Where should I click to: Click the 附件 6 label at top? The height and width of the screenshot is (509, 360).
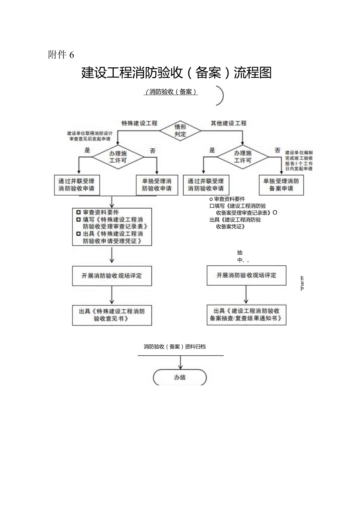pyautogui.click(x=61, y=55)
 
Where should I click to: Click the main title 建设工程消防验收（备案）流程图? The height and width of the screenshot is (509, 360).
pyautogui.click(x=176, y=73)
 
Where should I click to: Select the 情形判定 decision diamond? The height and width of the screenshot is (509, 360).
pyautogui.click(x=180, y=130)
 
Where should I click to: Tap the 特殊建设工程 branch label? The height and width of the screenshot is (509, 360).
pyautogui.click(x=139, y=123)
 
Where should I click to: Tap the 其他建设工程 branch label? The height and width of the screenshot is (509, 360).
pyautogui.click(x=229, y=123)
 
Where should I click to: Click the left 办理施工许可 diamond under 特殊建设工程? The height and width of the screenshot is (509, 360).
pyautogui.click(x=118, y=157)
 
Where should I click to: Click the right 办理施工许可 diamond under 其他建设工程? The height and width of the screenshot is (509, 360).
pyautogui.click(x=243, y=157)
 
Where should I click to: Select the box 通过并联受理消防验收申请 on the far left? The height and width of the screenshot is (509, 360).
pyautogui.click(x=76, y=185)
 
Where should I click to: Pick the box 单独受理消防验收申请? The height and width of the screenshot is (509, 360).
pyautogui.click(x=157, y=185)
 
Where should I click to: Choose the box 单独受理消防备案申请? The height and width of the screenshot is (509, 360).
pyautogui.click(x=281, y=185)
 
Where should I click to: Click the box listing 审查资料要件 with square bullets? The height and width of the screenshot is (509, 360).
pyautogui.click(x=112, y=227)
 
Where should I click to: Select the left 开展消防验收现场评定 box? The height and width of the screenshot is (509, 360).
pyautogui.click(x=112, y=276)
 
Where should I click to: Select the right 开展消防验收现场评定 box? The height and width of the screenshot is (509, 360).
pyautogui.click(x=247, y=275)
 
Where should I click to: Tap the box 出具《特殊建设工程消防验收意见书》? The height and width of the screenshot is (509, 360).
pyautogui.click(x=112, y=315)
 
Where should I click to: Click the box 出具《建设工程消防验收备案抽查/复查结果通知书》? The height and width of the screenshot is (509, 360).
pyautogui.click(x=246, y=315)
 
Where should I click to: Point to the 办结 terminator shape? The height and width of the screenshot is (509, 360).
pyautogui.click(x=180, y=378)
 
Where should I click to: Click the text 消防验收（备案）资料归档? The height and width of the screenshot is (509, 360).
pyautogui.click(x=175, y=347)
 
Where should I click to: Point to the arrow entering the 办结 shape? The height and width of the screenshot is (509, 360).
pyautogui.click(x=180, y=363)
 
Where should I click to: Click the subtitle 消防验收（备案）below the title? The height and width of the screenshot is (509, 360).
pyautogui.click(x=171, y=93)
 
